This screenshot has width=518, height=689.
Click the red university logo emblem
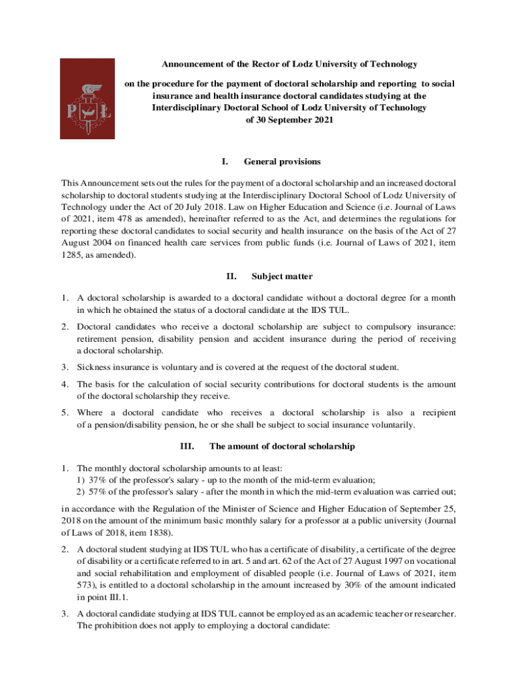coord(87,98)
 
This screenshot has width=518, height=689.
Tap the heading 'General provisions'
coord(282,162)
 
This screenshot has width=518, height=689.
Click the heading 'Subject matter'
coord(282,277)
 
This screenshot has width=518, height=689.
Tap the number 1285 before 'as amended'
coord(71,256)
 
